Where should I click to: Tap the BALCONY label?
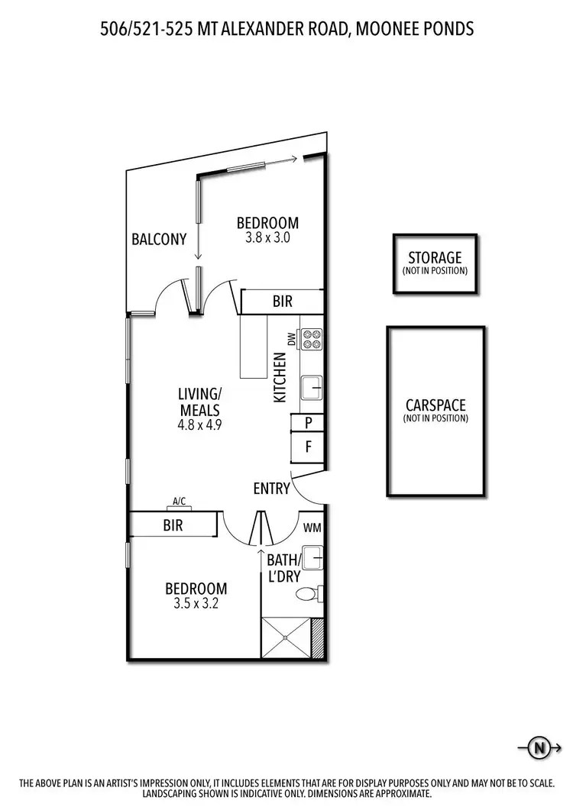tap(158, 239)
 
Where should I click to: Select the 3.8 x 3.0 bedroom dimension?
tap(267, 237)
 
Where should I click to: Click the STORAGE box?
tap(435, 263)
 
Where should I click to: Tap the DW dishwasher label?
tap(291, 338)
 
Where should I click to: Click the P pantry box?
tap(309, 422)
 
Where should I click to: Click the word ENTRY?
tap(271, 489)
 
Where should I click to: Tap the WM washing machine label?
tap(312, 528)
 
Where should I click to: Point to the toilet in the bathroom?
tap(309, 593)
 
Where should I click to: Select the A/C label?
tap(180, 502)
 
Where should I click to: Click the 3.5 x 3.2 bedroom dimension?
tap(196, 603)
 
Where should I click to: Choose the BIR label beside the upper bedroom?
tap(282, 302)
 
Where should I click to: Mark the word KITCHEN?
tap(280, 378)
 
